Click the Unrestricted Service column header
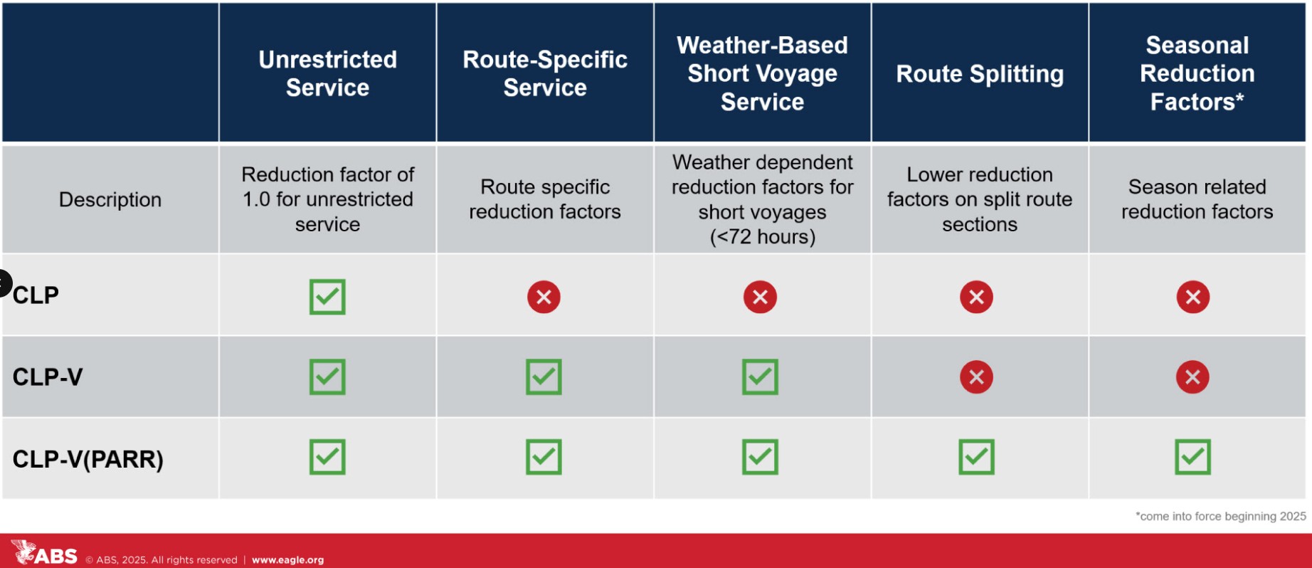point(327,73)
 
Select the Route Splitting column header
point(980,74)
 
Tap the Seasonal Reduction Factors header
point(1197,73)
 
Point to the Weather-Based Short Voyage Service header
point(762,73)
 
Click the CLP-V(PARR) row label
point(88,459)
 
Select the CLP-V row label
point(48,377)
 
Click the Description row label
point(110,199)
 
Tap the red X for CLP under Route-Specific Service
point(544,297)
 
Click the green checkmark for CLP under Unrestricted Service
point(327,297)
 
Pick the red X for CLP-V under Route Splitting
point(976,377)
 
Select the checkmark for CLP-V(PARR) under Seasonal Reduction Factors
point(1192,457)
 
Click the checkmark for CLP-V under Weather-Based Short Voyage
point(760,377)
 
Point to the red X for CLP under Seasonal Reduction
point(1192,297)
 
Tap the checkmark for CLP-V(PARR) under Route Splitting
point(976,457)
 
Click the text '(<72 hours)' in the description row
point(763,236)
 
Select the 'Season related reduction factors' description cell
point(1197,199)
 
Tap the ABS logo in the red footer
point(44,553)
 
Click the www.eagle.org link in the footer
point(287,560)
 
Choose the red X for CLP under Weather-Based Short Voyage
point(760,297)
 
